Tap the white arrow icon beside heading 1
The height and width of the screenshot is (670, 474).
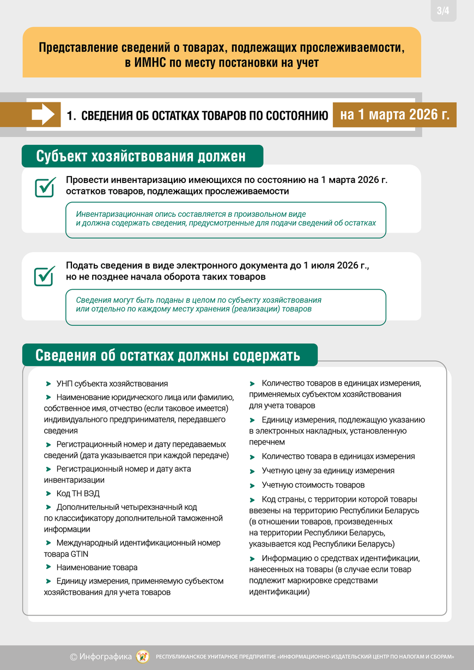(x=43, y=114)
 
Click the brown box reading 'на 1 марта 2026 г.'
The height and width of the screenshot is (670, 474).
(x=394, y=114)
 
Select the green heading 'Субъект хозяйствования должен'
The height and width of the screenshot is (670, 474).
(x=142, y=156)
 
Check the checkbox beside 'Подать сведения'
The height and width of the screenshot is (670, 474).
(x=45, y=275)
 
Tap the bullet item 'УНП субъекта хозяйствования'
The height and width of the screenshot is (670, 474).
(x=112, y=383)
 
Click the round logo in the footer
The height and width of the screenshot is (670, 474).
(x=143, y=656)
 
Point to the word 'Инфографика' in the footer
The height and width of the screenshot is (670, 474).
(x=105, y=657)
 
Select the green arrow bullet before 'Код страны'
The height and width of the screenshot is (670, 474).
(x=252, y=500)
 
